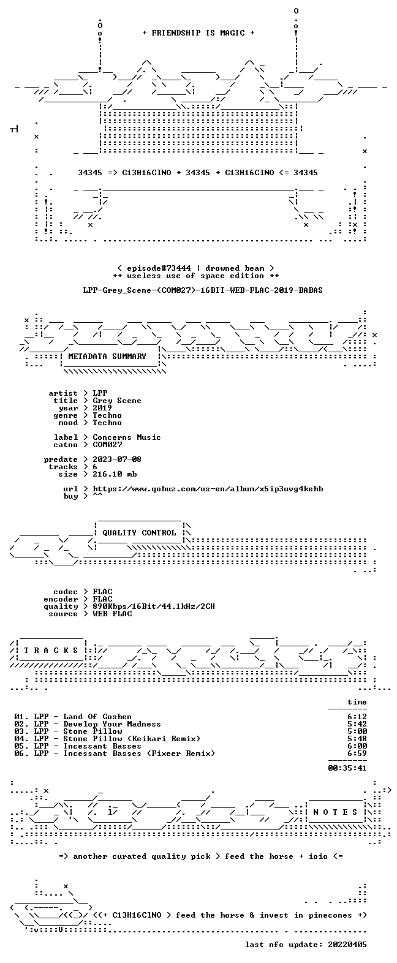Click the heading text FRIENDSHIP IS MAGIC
[x=198, y=33]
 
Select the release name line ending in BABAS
[x=203, y=290]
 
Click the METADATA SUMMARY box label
[x=107, y=357]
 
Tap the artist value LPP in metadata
[x=100, y=393]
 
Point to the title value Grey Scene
[x=117, y=401]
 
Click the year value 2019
[x=102, y=407]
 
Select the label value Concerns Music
[x=127, y=437]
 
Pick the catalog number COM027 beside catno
[x=107, y=445]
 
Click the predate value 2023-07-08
[x=117, y=459]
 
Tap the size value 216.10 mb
[x=115, y=474]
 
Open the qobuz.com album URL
[x=208, y=489]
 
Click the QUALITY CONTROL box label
[x=139, y=533]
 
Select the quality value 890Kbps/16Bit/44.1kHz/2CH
[x=154, y=606]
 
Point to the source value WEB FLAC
[x=112, y=613]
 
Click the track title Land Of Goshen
[x=97, y=717]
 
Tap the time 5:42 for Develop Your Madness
[x=357, y=724]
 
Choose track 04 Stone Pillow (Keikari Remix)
[x=108, y=739]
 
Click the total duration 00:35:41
[x=347, y=768]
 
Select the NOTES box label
[x=335, y=812]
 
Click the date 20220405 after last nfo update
[x=347, y=945]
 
